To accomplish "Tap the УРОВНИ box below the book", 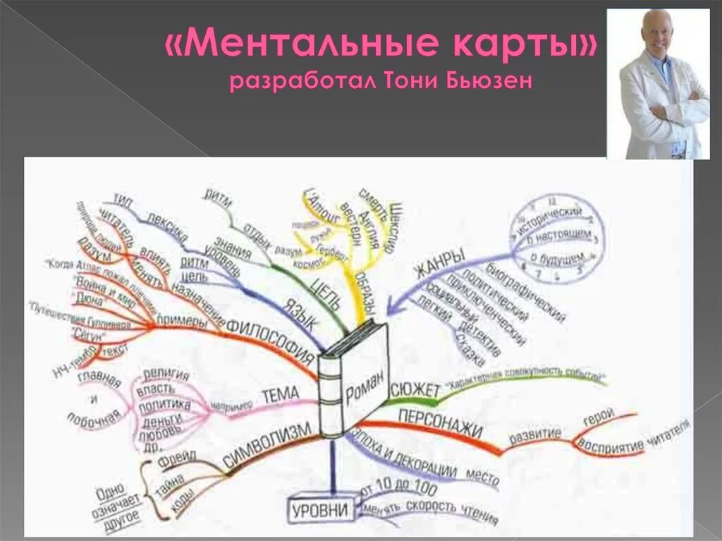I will pyautogui.click(x=321, y=509).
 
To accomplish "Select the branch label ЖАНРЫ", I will pyautogui.click(x=438, y=264).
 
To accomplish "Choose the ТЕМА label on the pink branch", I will pyautogui.click(x=281, y=395).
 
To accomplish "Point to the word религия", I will pyautogui.click(x=166, y=375).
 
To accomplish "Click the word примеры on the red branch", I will pyautogui.click(x=182, y=321).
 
